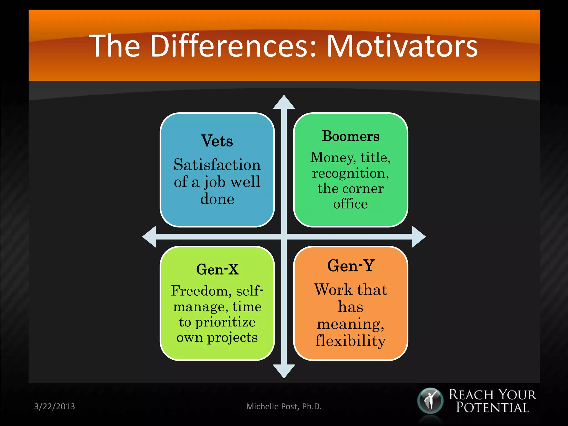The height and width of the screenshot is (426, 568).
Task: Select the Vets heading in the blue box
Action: tap(217, 141)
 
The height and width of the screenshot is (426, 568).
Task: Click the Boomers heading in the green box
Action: tap(350, 136)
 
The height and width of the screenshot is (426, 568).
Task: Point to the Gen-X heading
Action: tap(217, 269)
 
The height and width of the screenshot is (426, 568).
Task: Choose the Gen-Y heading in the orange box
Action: tap(351, 265)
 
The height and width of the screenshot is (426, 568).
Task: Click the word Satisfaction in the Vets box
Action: tap(217, 165)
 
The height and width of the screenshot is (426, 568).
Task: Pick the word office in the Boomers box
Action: tap(350, 204)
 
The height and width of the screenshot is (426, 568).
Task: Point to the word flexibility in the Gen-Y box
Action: tap(350, 341)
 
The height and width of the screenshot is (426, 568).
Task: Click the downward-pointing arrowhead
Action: tap(284, 371)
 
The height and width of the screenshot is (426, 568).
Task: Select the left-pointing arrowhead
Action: tap(150, 237)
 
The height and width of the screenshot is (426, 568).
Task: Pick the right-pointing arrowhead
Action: tap(418, 237)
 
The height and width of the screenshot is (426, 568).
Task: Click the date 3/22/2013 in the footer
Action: tap(54, 406)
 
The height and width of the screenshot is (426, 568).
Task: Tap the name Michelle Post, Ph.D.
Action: tap(284, 406)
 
